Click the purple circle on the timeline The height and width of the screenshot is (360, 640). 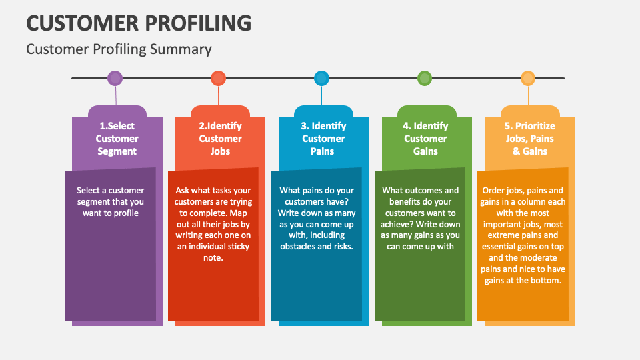pyautogui.click(x=115, y=79)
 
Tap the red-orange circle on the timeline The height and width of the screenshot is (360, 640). pyautogui.click(x=218, y=79)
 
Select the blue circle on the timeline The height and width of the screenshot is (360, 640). pyautogui.click(x=322, y=79)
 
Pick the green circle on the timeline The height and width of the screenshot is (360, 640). pyautogui.click(x=425, y=79)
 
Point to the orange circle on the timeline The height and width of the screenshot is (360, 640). pyautogui.click(x=528, y=79)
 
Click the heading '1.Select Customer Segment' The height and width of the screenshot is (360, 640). pyautogui.click(x=117, y=139)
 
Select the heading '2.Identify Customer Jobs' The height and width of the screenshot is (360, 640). pyautogui.click(x=220, y=139)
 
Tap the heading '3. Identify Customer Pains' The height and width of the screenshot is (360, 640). pyautogui.click(x=323, y=139)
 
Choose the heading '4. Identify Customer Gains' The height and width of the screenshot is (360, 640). pyautogui.click(x=425, y=139)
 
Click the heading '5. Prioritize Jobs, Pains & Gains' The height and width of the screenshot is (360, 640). pyautogui.click(x=530, y=139)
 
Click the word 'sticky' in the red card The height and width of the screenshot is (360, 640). pyautogui.click(x=236, y=247)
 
